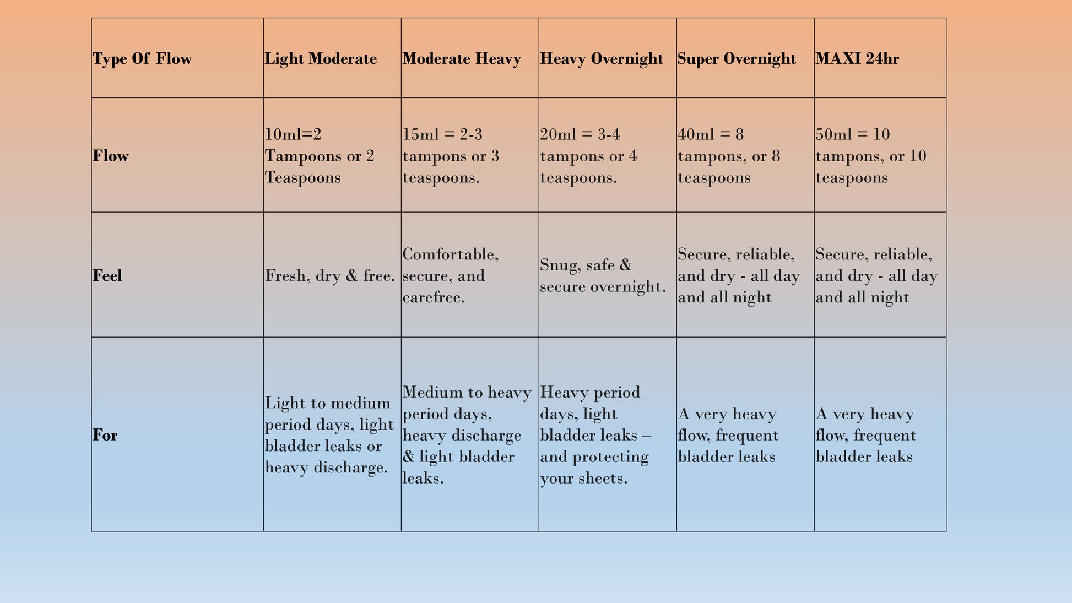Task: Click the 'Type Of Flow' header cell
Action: coord(142,59)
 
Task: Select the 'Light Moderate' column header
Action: coord(321,59)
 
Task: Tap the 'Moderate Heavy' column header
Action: coord(462,59)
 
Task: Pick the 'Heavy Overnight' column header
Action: coord(602,59)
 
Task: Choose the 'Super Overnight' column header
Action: coord(737,59)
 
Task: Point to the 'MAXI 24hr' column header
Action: coord(857,59)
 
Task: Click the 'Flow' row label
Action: coord(111,156)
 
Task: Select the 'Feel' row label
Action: coord(107,275)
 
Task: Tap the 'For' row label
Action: coord(105,435)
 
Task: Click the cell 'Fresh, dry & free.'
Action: coord(330,275)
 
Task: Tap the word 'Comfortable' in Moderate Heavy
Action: coord(450,254)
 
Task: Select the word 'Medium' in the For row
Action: coord(432,392)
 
